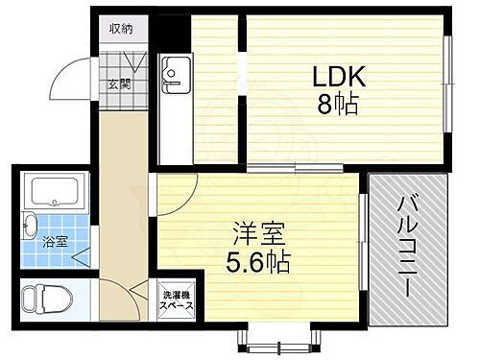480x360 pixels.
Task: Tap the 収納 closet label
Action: pyautogui.click(x=121, y=28)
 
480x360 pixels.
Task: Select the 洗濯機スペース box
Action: pyautogui.click(x=177, y=300)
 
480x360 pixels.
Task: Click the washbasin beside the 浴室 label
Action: pyautogui.click(x=27, y=228)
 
